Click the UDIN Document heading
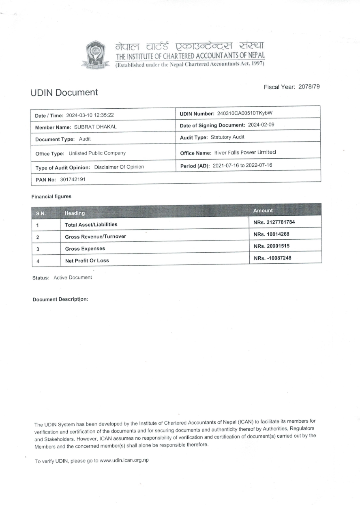(x=64, y=92)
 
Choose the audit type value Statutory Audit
(x=227, y=137)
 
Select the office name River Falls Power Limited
(x=245, y=152)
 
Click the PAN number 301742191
(x=70, y=179)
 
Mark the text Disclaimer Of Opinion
(x=119, y=167)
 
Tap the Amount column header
(x=263, y=211)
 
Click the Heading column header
(x=75, y=213)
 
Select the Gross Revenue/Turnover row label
(x=95, y=236)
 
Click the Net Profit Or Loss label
(x=87, y=260)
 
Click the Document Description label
(x=60, y=299)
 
